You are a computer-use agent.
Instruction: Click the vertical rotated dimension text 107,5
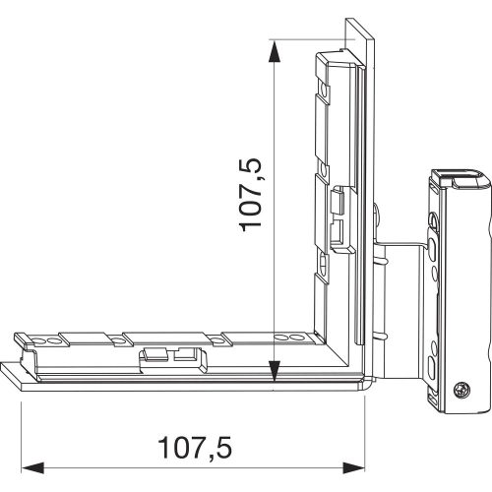253,196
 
